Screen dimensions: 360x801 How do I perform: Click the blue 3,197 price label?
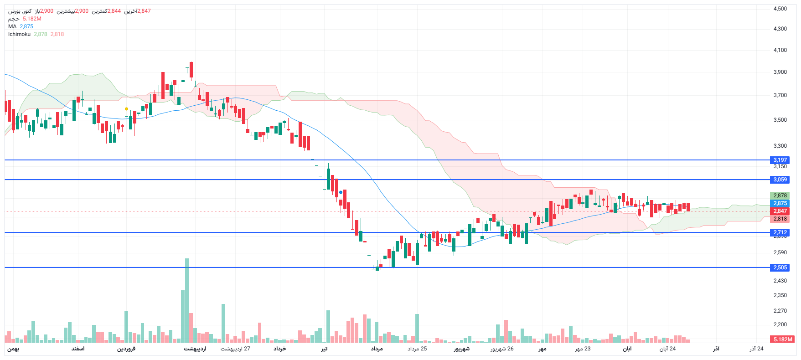[780, 160]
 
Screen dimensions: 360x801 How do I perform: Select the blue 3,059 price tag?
[780, 180]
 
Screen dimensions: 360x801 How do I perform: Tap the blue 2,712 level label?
[780, 232]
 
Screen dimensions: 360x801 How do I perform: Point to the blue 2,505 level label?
[780, 267]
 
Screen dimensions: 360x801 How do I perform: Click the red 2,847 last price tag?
[780, 211]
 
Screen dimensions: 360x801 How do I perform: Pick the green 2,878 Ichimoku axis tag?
[780, 195]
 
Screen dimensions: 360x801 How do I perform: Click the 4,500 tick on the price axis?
[780, 9]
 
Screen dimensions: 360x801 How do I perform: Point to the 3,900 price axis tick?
[780, 72]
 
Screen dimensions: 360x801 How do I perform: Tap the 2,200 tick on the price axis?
[780, 324]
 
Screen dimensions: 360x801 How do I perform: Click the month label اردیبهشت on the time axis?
[195, 349]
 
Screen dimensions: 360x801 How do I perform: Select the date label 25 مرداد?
[417, 349]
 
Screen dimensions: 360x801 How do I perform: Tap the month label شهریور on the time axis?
[461, 349]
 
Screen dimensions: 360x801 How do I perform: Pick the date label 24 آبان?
[667, 349]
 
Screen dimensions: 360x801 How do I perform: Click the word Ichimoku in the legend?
[19, 34]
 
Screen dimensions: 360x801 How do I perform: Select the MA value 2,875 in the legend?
[26, 26]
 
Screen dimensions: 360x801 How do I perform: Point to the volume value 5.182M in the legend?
[32, 19]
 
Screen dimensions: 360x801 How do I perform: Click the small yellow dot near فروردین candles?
[126, 109]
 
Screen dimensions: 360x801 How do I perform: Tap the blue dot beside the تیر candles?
[341, 192]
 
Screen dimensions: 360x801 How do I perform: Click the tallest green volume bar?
[187, 301]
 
